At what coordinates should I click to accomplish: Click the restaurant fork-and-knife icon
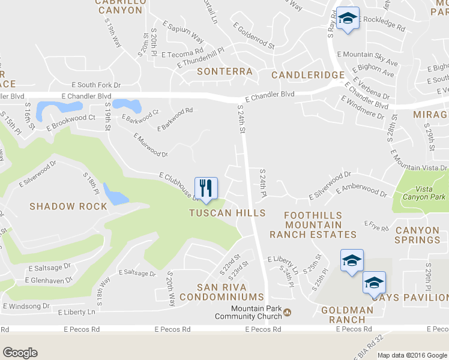pos(206,188)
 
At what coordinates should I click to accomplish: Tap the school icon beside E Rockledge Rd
pos(347,18)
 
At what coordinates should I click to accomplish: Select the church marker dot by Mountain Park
pos(288,312)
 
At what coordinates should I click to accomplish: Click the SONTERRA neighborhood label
pos(225,71)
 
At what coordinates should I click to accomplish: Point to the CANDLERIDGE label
pos(308,75)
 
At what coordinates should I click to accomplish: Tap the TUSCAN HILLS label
pos(227,213)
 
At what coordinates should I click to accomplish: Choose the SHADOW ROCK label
pos(68,206)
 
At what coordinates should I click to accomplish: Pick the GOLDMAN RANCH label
pos(348,315)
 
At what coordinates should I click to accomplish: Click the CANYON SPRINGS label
pos(418,235)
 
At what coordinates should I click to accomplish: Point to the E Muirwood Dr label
pos(149,145)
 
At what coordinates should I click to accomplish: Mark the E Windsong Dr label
pos(26,306)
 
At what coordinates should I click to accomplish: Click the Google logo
pos(20,353)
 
